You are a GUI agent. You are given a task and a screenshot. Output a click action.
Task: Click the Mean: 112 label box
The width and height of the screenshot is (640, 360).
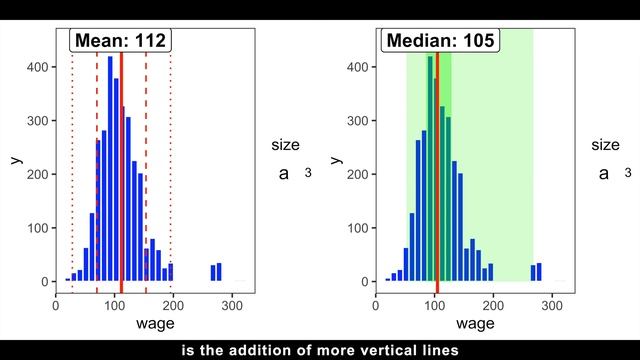(120, 41)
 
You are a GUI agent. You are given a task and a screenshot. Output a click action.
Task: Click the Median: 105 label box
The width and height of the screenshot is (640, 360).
(440, 41)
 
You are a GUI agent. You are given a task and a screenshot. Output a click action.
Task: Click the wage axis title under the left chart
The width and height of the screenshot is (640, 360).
(155, 323)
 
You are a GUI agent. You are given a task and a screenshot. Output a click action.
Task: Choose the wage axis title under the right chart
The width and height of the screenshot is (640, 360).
(475, 323)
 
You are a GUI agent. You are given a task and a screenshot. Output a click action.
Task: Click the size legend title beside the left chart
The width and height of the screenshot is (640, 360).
(285, 145)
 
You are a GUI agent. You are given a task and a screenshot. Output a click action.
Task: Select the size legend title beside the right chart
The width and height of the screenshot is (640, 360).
(605, 145)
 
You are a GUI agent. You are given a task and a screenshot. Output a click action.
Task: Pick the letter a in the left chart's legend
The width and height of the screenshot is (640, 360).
(283, 173)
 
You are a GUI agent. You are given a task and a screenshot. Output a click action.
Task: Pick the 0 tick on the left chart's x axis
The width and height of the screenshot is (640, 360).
(56, 303)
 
